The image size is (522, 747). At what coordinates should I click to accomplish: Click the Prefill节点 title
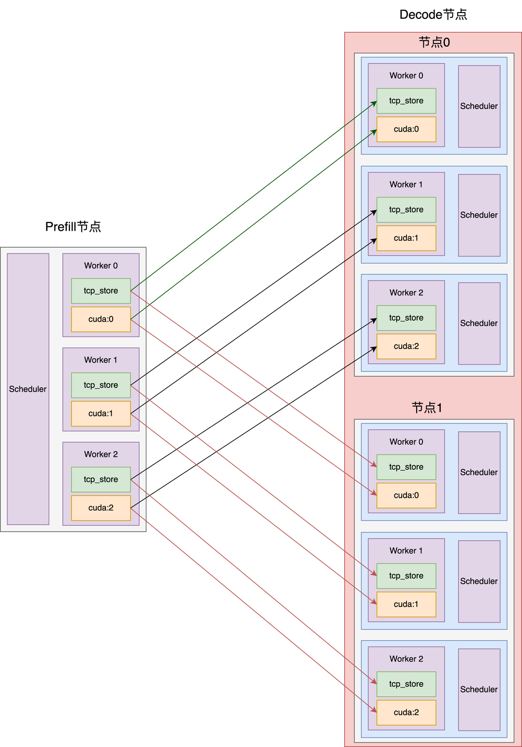coord(73,227)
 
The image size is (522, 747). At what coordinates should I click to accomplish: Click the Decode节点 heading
coord(433,15)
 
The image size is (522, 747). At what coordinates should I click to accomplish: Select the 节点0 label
coord(434,42)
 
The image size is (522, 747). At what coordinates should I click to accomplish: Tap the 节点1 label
coord(427,408)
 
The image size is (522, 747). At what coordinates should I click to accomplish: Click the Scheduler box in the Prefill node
coord(28,389)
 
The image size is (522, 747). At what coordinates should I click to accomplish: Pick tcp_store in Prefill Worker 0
coord(101,291)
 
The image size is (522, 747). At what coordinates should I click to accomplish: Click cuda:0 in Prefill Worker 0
coord(101,319)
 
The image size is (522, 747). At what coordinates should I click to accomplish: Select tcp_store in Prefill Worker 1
coord(101,385)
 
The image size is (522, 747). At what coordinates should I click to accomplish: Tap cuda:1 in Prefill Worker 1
coord(101,413)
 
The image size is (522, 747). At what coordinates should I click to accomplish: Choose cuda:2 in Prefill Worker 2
coord(101,507)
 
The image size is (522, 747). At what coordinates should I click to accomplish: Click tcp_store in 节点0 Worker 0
coord(406,101)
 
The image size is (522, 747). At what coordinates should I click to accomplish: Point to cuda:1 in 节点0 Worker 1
coord(406,238)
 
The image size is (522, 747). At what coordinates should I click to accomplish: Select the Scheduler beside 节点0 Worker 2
coord(479,323)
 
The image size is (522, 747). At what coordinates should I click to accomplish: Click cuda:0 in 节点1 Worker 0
coord(406,495)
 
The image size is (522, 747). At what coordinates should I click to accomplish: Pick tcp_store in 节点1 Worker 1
coord(406,576)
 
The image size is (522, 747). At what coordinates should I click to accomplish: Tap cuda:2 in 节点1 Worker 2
coord(406,712)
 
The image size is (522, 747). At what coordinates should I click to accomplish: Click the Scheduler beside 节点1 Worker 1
coord(479,581)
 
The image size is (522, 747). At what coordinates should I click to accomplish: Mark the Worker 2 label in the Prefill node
coord(101,454)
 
